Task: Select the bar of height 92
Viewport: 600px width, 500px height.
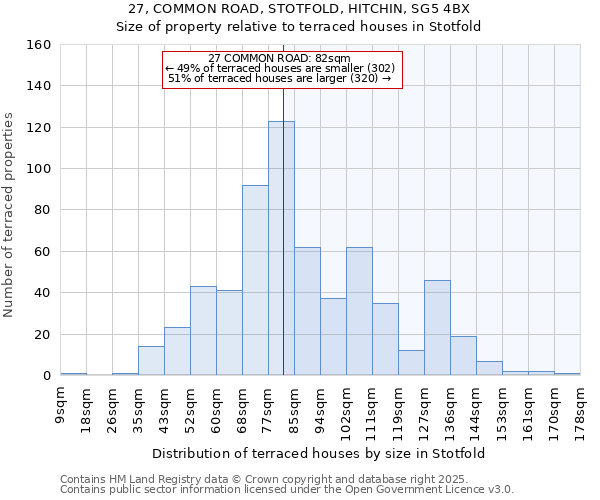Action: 255,280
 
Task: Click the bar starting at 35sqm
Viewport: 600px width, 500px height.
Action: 151,361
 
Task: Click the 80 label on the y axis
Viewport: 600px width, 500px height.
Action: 41,211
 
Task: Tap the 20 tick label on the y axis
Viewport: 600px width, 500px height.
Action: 41,335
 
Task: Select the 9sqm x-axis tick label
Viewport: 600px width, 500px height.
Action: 61,406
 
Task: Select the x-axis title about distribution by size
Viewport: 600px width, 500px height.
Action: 319,453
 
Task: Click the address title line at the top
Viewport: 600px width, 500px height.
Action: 299,8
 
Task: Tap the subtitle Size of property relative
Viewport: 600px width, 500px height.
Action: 299,27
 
